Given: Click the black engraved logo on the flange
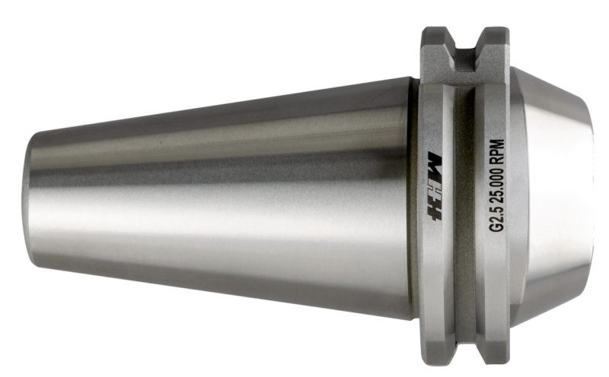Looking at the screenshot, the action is (x=435, y=185).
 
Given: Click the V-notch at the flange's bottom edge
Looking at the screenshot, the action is (x=465, y=348).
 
